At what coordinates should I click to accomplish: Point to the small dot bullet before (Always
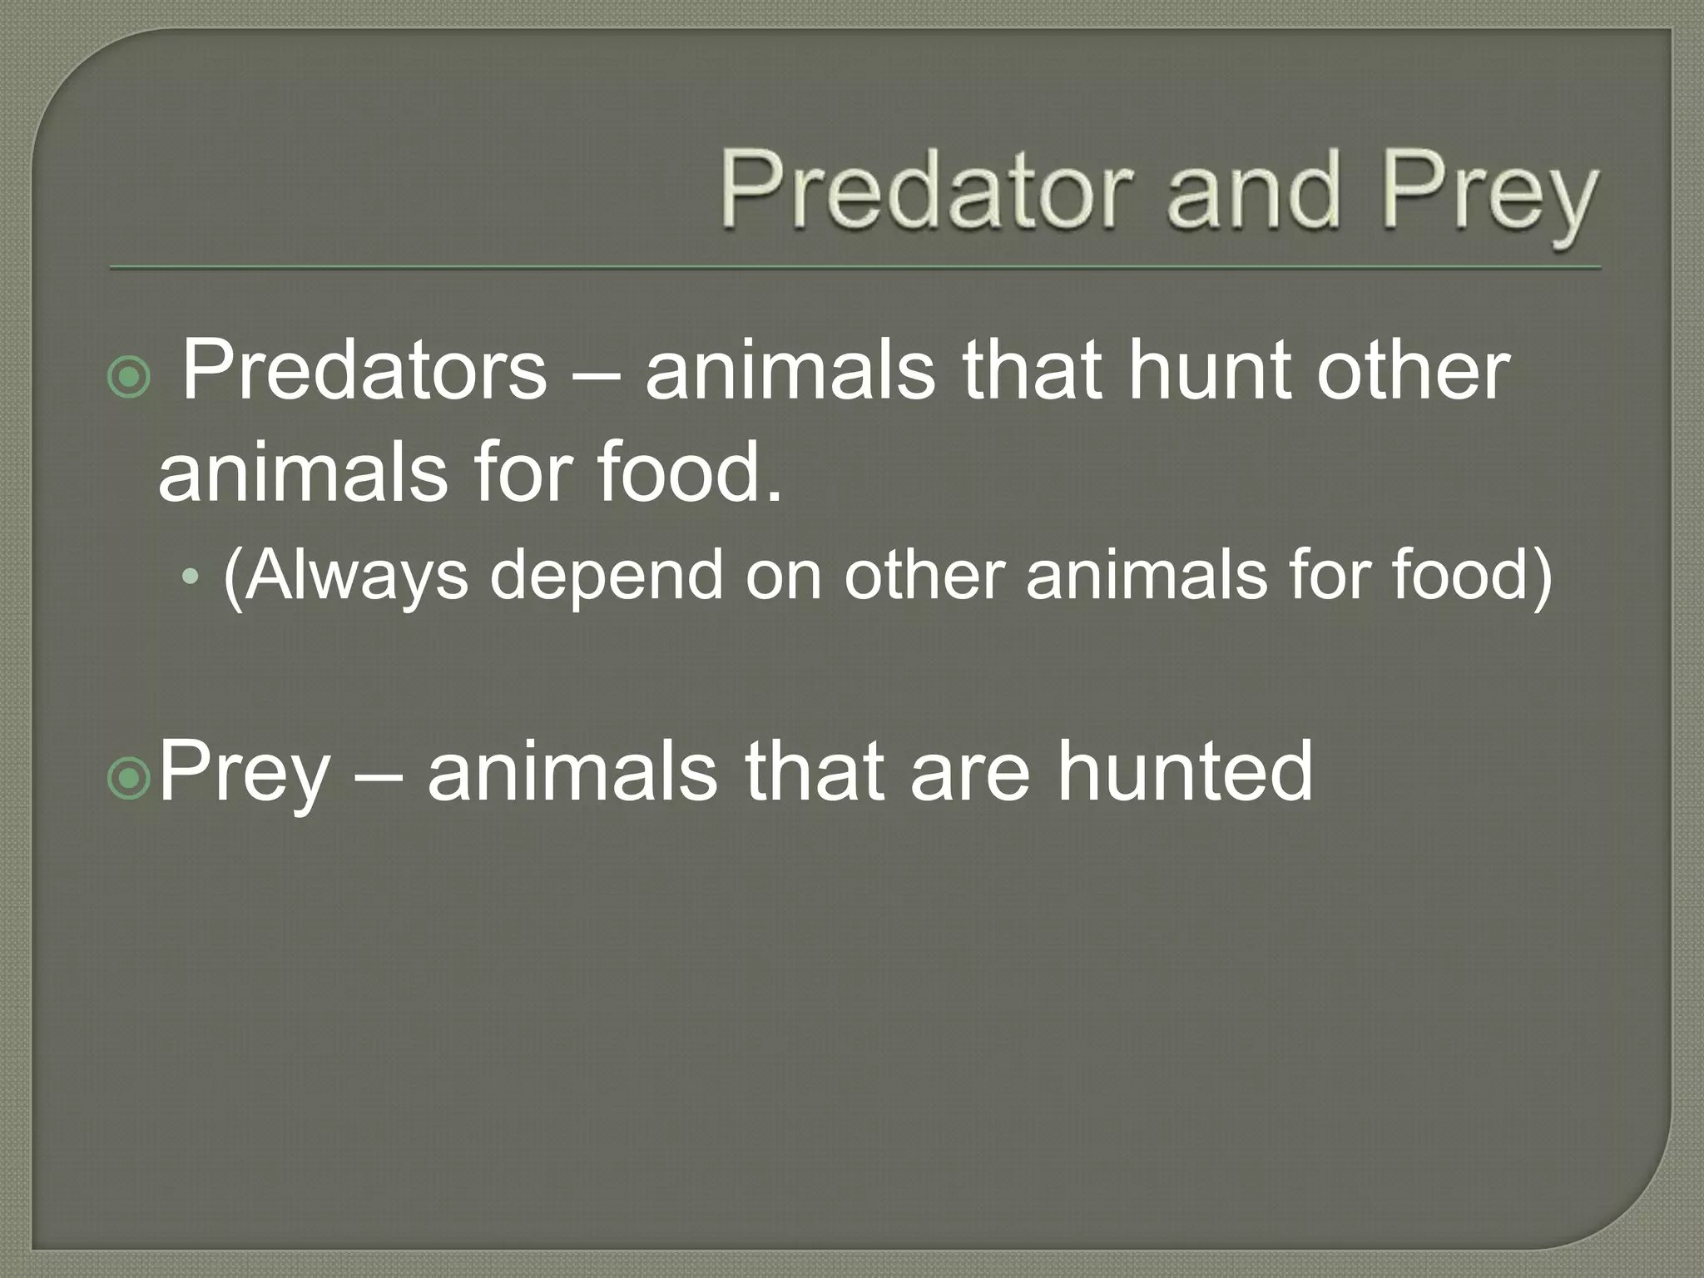coord(191,576)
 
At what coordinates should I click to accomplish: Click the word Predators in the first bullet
coord(364,370)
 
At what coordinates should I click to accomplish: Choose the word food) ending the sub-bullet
coord(1472,576)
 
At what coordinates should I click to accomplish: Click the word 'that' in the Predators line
coord(1031,370)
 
